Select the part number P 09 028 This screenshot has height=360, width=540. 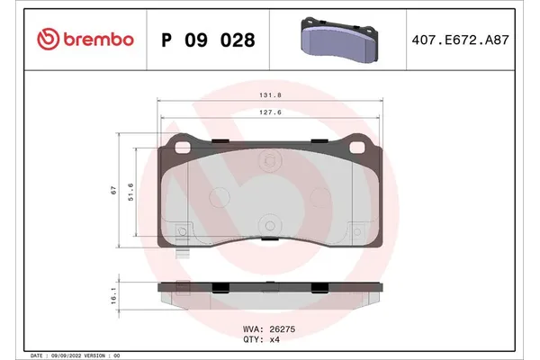coord(207,40)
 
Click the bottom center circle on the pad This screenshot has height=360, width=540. coord(268,227)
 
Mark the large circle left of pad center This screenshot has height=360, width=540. coord(219,197)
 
